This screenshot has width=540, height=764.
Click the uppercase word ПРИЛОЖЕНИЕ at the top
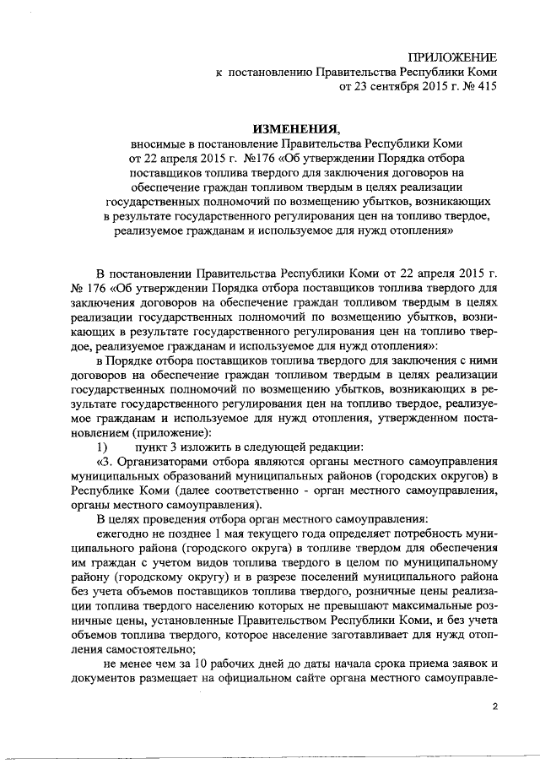[452, 57]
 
